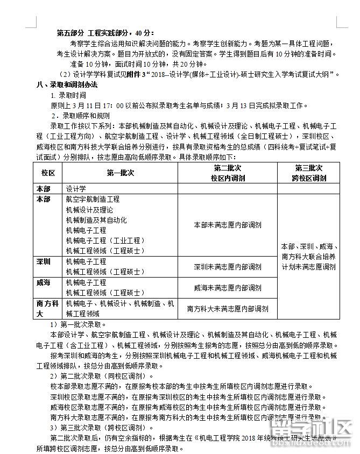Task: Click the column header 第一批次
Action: point(120,173)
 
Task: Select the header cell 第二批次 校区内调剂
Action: point(228,173)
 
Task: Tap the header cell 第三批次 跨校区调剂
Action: point(308,173)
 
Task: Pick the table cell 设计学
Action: point(76,189)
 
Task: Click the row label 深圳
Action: point(44,261)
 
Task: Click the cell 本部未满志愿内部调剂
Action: point(228,225)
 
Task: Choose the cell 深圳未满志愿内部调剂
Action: point(228,267)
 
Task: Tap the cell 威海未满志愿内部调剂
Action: point(228,288)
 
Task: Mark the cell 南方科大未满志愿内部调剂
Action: point(228,309)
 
